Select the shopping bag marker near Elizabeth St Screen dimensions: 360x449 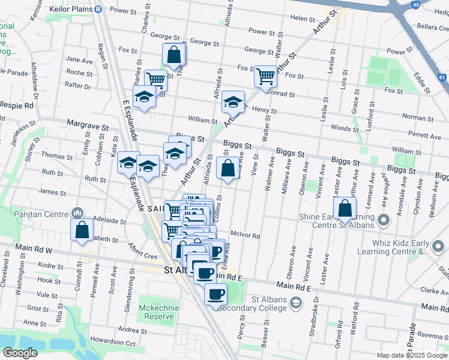(x=82, y=230)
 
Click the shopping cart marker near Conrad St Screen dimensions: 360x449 (x=265, y=76)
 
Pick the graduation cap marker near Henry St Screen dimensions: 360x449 (x=233, y=103)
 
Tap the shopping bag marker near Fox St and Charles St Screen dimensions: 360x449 (x=173, y=55)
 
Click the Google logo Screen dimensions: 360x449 (x=20, y=353)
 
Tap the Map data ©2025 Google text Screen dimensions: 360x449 (x=411, y=355)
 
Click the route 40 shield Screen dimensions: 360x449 (x=415, y=4)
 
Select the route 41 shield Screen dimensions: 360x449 (x=441, y=77)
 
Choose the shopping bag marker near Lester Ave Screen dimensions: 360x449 (x=345, y=209)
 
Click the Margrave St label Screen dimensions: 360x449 (x=87, y=128)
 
